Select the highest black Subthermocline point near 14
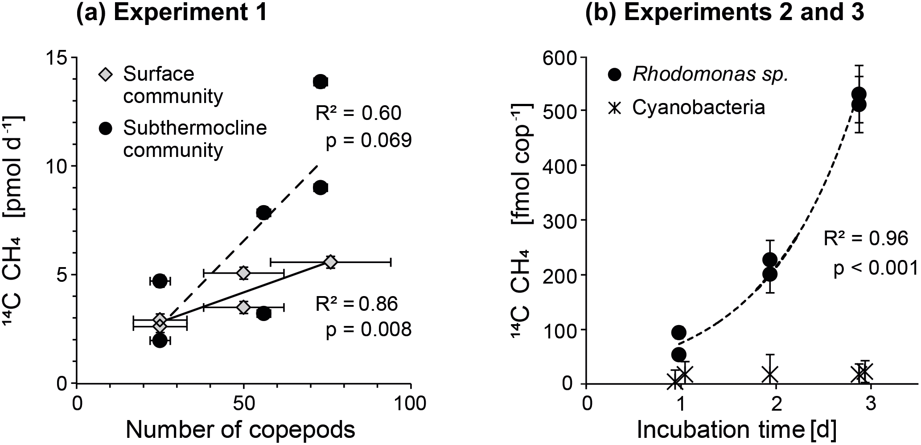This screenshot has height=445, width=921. point(320,82)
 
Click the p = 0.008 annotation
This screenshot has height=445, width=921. point(368,330)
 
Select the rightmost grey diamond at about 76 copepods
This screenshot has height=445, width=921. point(330,262)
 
